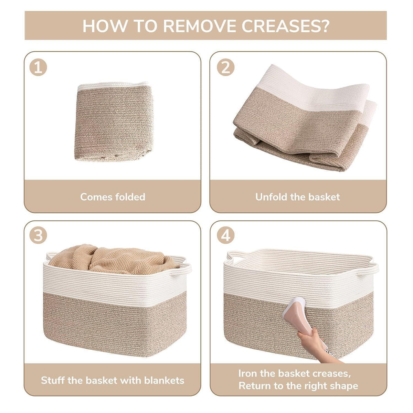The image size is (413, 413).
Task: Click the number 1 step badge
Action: click(x=38, y=67)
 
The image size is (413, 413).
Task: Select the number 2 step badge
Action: click(x=225, y=67)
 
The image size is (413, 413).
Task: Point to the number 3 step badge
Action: click(x=38, y=235)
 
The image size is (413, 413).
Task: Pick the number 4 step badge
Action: click(x=225, y=235)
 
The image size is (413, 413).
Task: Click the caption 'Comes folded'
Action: click(x=113, y=197)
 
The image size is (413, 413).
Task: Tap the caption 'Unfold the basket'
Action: click(x=297, y=197)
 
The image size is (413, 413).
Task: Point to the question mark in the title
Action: click(x=324, y=26)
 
